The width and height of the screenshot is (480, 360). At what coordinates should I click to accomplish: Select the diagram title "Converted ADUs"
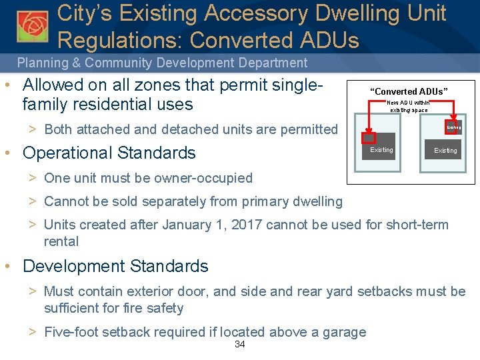409,91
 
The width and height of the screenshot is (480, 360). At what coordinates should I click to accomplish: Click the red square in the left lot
368,137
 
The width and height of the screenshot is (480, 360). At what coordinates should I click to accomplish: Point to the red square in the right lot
453,127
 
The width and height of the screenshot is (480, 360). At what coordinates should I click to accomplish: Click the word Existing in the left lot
381,150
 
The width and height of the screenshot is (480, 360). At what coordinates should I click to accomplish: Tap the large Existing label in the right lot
445,151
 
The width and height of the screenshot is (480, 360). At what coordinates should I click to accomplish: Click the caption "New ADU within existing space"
409,106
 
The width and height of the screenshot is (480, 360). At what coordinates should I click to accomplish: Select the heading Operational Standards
109,153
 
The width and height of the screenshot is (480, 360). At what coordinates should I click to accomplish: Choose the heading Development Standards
115,267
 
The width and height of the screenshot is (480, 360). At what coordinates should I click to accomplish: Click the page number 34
241,345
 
